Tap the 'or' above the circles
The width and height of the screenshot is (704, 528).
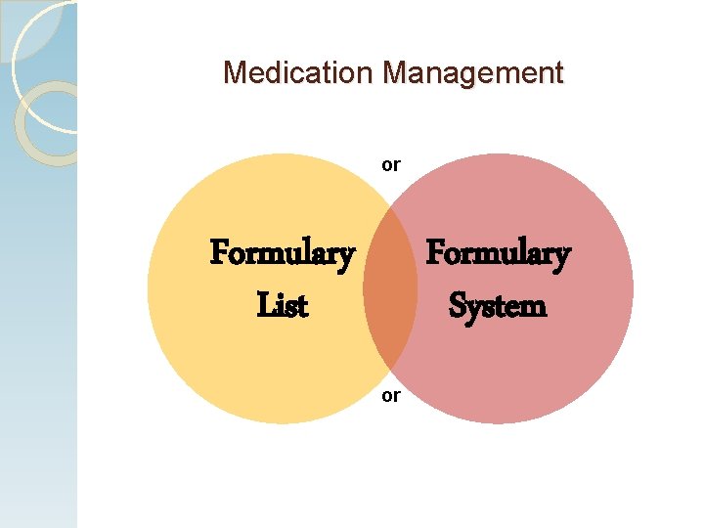[390, 165]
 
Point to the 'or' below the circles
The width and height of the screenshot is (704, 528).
[390, 396]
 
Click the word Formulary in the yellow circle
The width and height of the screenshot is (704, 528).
[282, 255]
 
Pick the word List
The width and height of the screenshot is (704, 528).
[282, 306]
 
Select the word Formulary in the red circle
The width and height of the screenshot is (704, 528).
[498, 255]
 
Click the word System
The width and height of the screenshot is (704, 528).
[498, 306]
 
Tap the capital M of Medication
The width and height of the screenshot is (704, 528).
[234, 72]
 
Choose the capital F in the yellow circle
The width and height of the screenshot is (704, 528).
[219, 255]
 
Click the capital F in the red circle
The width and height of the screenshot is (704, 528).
[435, 255]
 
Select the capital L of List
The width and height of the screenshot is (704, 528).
[264, 306]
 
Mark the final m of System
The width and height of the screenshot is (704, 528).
[533, 308]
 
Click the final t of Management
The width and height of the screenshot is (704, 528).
[558, 73]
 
